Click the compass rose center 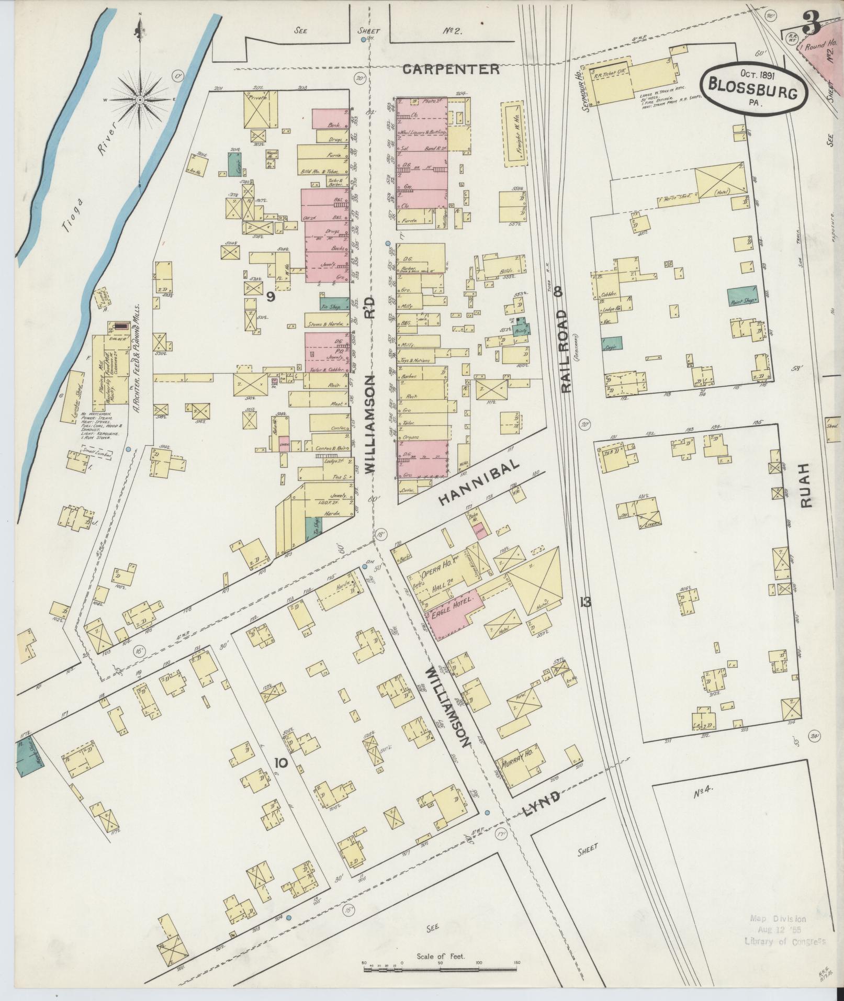[x=140, y=99]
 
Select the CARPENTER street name [x=451, y=69]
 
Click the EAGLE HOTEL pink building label [x=455, y=610]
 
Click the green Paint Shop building [x=742, y=297]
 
